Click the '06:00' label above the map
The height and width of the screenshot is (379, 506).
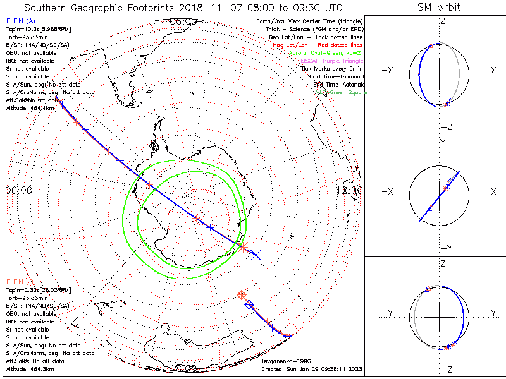click(x=183, y=21)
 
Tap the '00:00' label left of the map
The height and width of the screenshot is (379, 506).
click(x=19, y=190)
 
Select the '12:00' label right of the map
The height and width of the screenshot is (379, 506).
click(x=350, y=190)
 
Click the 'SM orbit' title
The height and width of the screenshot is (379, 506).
click(x=439, y=8)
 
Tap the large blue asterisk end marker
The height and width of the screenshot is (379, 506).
click(x=256, y=255)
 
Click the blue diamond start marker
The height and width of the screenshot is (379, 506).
click(x=249, y=305)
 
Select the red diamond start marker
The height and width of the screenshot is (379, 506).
click(x=241, y=294)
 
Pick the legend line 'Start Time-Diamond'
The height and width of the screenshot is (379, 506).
click(x=336, y=76)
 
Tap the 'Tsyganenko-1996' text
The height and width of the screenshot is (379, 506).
click(x=287, y=362)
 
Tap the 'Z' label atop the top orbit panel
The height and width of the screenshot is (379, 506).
click(x=442, y=21)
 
